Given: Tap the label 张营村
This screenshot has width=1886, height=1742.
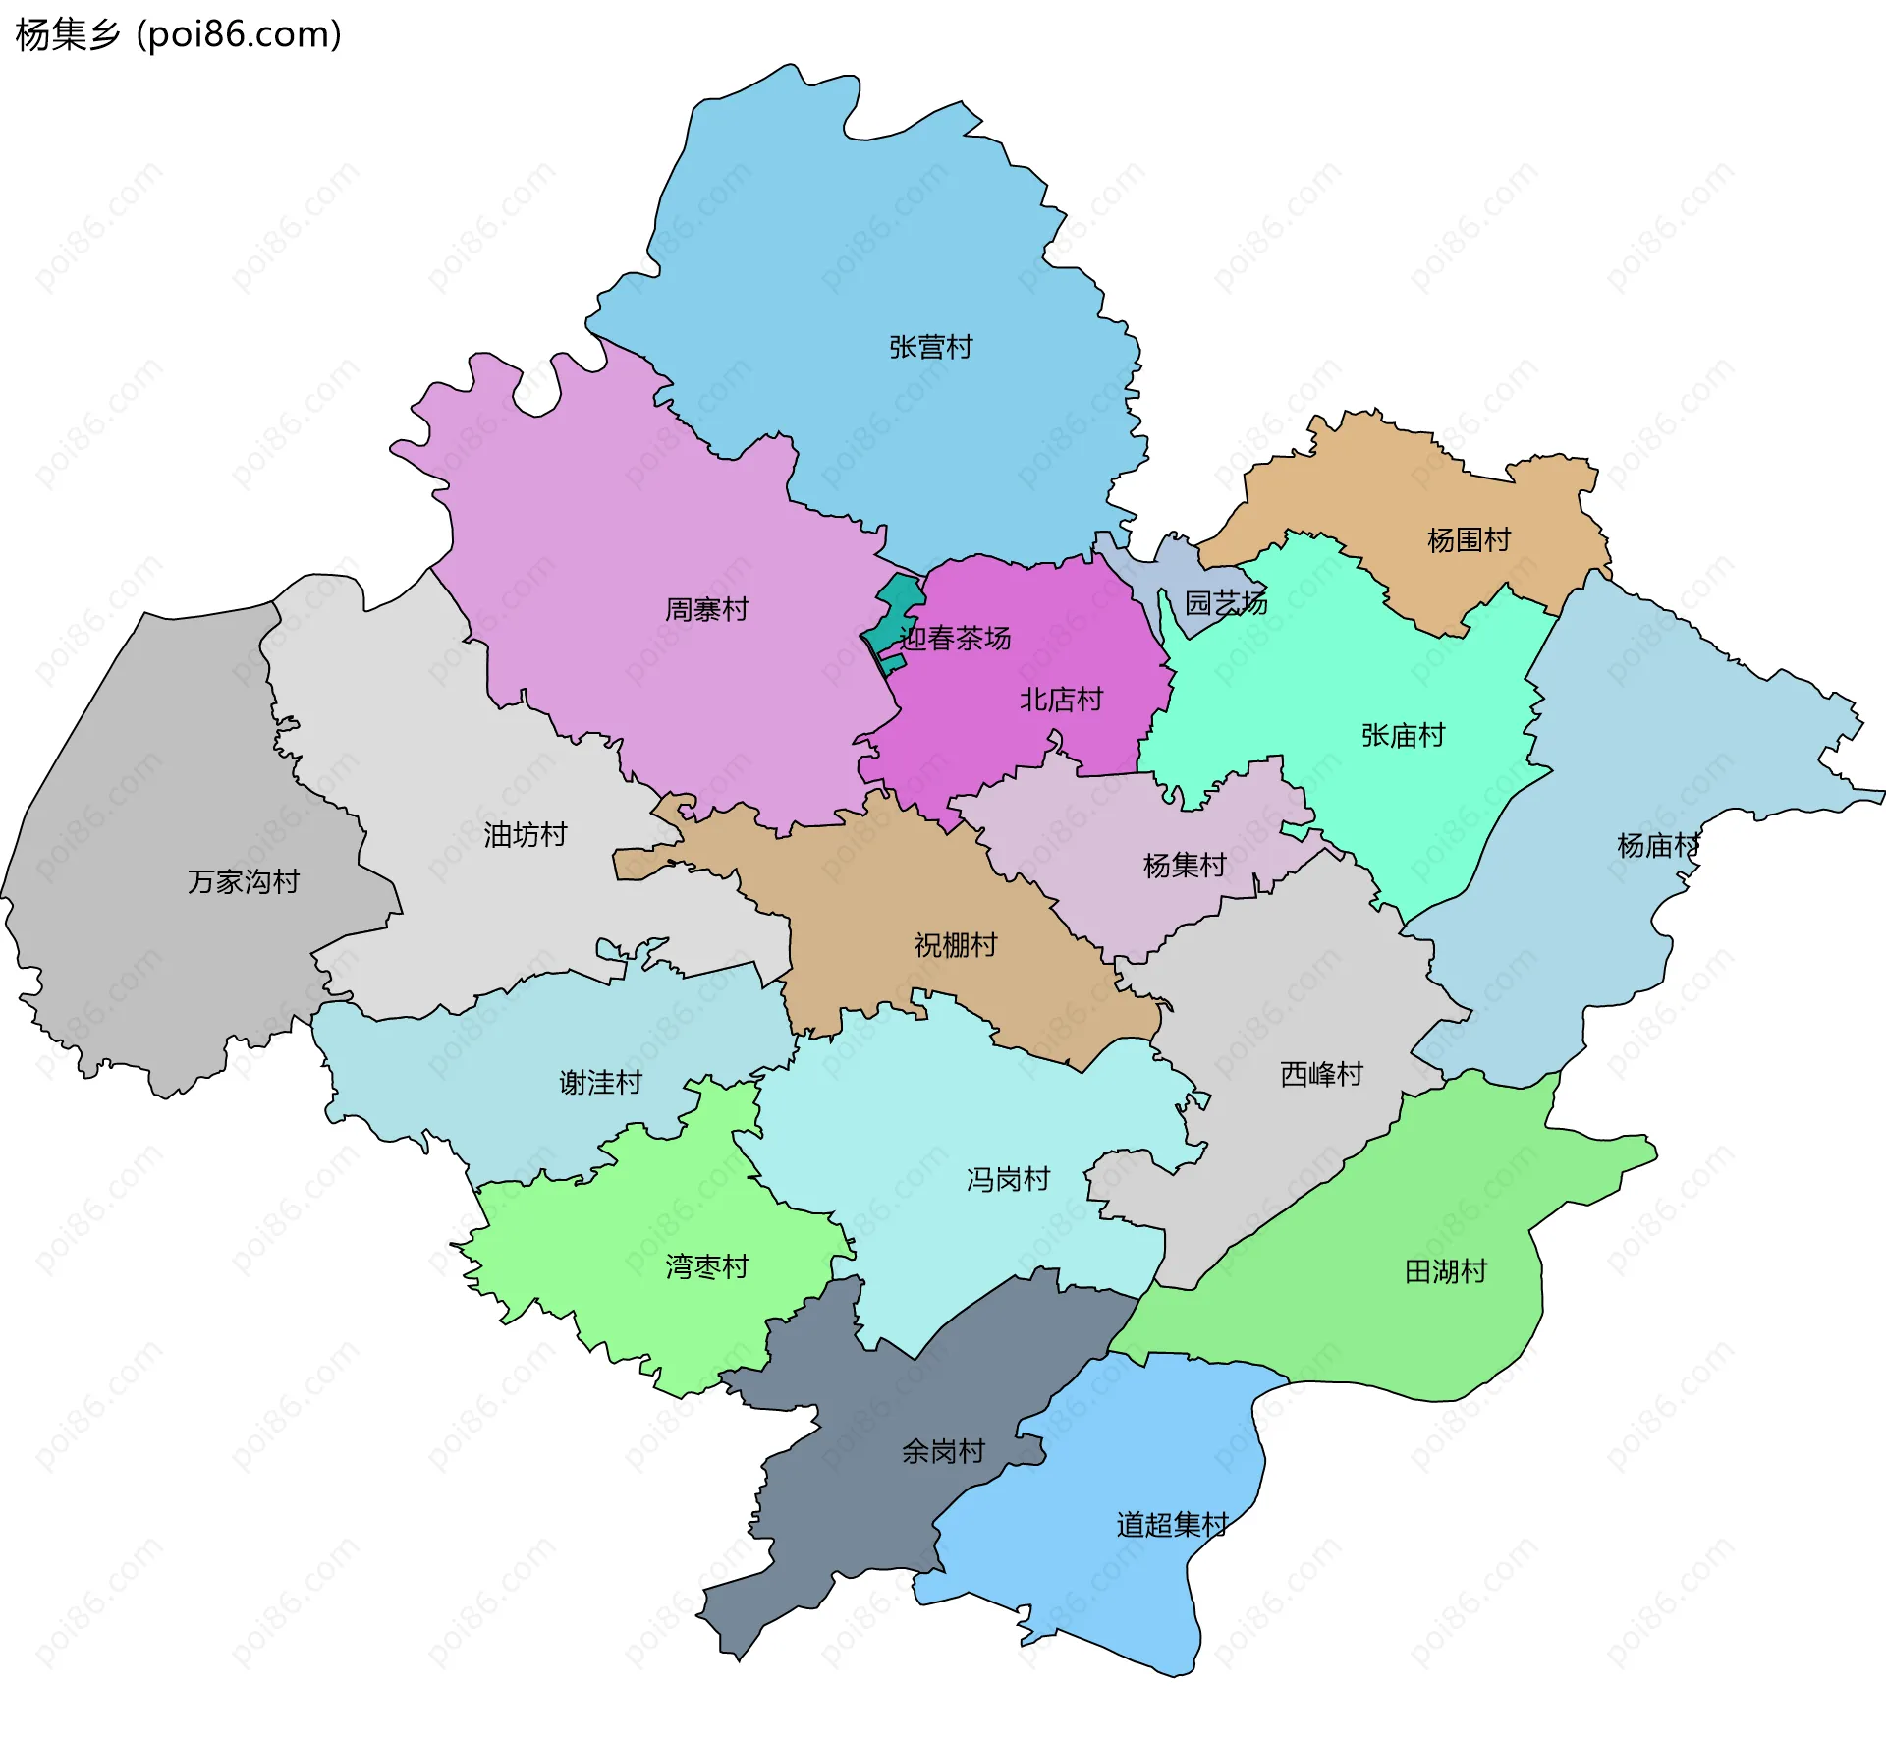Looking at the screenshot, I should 930,347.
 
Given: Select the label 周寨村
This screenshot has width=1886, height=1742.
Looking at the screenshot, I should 706,609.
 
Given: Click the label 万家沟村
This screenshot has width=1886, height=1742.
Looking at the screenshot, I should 243,881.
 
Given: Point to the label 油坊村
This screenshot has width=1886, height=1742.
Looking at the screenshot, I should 525,835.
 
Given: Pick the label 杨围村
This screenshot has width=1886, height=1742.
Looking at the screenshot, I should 1468,539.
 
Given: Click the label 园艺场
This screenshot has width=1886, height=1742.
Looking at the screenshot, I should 1225,602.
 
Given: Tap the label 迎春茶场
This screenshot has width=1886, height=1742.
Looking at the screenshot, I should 955,639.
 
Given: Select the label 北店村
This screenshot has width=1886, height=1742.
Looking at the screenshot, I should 1061,700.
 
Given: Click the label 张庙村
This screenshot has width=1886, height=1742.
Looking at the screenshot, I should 1402,735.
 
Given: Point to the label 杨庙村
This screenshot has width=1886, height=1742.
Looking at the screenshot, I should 1657,845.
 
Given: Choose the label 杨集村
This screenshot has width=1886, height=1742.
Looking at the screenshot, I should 1184,865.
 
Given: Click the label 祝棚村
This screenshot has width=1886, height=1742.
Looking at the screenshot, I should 955,944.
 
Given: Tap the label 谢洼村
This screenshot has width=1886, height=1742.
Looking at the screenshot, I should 600,1082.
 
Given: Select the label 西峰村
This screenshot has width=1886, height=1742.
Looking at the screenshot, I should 1321,1074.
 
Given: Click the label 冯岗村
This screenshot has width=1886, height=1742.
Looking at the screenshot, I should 1008,1179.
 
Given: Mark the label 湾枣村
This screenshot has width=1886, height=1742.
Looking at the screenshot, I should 706,1266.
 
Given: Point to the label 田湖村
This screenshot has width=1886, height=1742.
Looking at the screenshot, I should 1445,1271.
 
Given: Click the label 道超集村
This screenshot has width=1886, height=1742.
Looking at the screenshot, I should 1172,1524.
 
